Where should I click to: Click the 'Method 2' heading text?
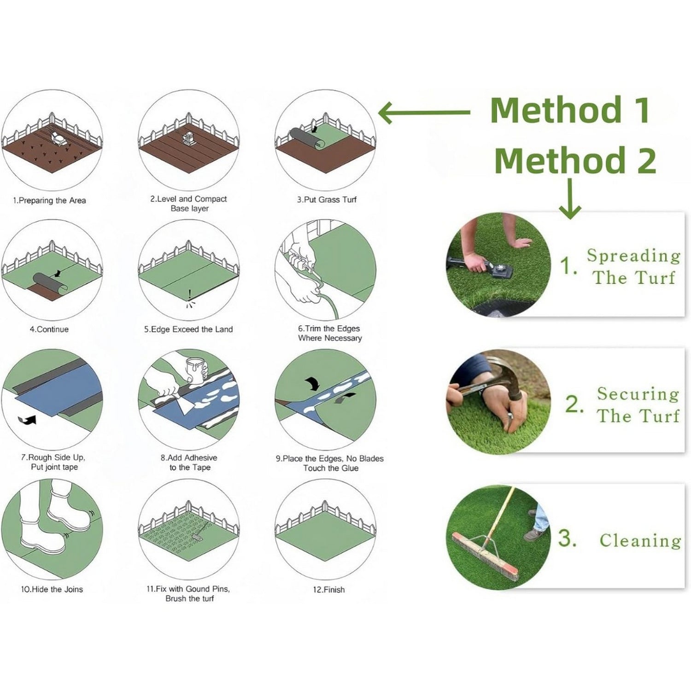(575, 160)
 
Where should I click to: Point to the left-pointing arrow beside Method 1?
(424, 112)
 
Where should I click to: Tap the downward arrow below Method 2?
(570, 199)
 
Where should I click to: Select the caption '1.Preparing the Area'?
(49, 200)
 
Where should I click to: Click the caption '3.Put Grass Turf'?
(327, 199)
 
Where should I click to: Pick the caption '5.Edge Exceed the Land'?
(188, 329)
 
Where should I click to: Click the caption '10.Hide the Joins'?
(52, 589)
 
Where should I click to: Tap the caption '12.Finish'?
(328, 590)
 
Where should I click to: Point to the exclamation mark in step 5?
(189, 293)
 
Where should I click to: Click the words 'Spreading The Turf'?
(633, 266)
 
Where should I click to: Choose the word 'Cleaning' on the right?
(640, 540)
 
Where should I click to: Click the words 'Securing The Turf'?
(638, 404)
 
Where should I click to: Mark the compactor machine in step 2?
(188, 137)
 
